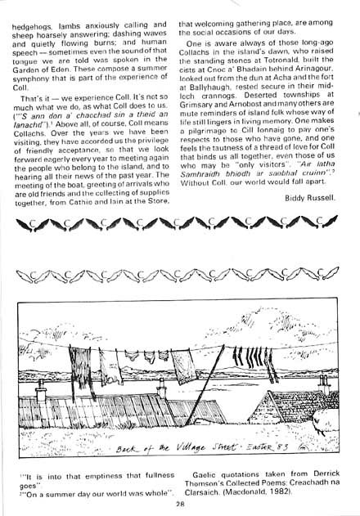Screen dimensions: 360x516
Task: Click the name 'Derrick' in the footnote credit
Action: point(315,474)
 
